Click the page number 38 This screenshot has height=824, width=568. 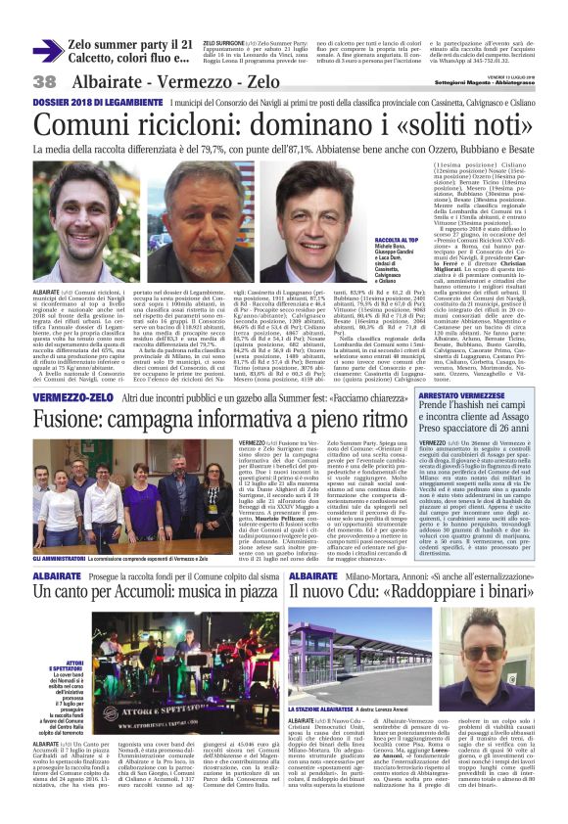pyautogui.click(x=44, y=81)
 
